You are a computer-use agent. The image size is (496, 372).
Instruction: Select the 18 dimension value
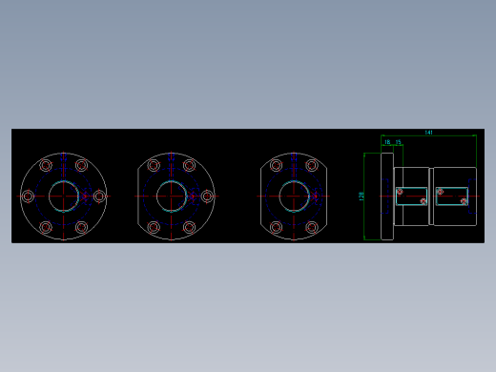click(387, 141)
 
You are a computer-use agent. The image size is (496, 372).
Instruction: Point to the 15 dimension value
click(398, 141)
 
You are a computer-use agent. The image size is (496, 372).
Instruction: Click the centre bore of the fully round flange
click(64, 196)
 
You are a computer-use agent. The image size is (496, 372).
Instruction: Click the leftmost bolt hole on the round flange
click(28, 196)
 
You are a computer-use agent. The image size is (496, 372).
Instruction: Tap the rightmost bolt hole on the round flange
click(99, 196)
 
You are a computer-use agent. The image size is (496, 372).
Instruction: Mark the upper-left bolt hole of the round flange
click(46, 165)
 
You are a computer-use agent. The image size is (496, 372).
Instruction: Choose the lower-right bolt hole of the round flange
click(82, 227)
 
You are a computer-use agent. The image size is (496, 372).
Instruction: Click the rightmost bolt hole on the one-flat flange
click(207, 196)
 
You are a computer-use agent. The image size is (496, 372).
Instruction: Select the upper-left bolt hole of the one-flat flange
click(154, 165)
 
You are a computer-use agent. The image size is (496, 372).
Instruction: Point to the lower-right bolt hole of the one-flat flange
click(190, 227)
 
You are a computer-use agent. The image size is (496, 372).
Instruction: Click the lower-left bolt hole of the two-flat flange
click(276, 227)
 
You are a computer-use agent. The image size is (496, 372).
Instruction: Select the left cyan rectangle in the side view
click(411, 196)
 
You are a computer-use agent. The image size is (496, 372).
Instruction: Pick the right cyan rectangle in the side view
click(452, 196)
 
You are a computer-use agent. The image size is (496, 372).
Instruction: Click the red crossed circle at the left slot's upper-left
click(400, 191)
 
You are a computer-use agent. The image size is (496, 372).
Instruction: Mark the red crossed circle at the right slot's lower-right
click(464, 201)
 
